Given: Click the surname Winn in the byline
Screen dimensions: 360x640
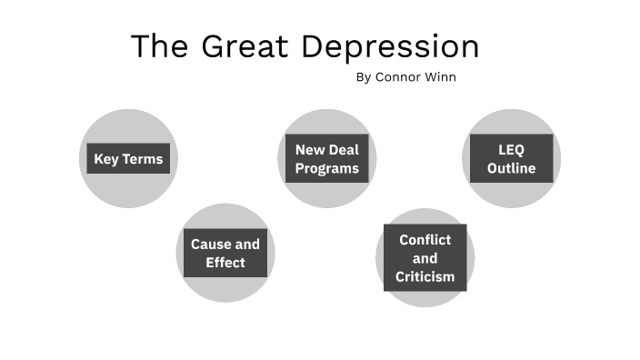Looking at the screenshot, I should (440, 77).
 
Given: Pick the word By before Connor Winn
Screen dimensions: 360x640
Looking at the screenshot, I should (364, 77).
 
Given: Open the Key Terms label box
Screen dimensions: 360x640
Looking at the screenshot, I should (128, 159).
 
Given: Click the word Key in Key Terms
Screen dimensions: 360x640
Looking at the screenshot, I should (106, 159).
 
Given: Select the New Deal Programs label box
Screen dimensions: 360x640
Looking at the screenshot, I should (326, 159).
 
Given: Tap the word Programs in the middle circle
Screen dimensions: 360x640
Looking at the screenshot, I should (326, 168).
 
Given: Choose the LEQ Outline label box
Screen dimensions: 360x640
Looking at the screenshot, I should (510, 159).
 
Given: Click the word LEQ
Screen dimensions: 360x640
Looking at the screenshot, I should (510, 150).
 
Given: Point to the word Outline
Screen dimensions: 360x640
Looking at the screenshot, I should (510, 168).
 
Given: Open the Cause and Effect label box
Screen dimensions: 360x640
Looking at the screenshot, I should (225, 254).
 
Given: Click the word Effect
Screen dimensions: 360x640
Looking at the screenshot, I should (225, 263).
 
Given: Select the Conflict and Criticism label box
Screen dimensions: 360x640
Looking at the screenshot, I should (425, 257).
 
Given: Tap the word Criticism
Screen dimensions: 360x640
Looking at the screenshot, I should (425, 275).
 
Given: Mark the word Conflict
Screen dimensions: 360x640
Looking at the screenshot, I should (425, 239).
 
